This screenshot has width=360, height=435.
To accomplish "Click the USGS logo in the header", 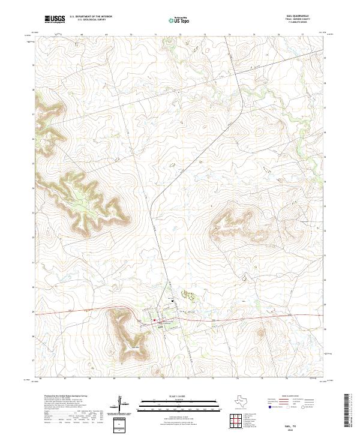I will click(55, 19).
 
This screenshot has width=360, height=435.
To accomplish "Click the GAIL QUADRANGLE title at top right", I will click(310, 17).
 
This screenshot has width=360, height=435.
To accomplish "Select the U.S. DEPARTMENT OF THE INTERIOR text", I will click(91, 17).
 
